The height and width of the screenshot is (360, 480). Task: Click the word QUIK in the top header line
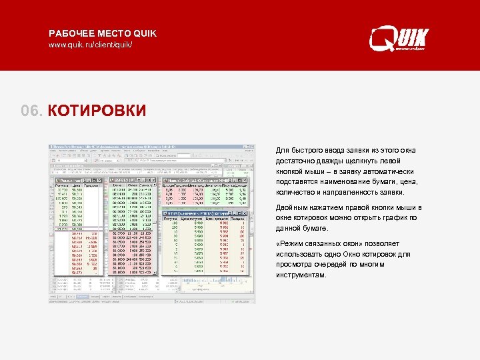pyautogui.click(x=144, y=33)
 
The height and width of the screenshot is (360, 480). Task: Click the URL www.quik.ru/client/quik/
pyautogui.click(x=90, y=45)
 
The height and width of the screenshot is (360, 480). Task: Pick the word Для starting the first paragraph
pyautogui.click(x=282, y=150)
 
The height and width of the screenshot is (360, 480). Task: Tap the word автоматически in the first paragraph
pyautogui.click(x=391, y=171)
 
